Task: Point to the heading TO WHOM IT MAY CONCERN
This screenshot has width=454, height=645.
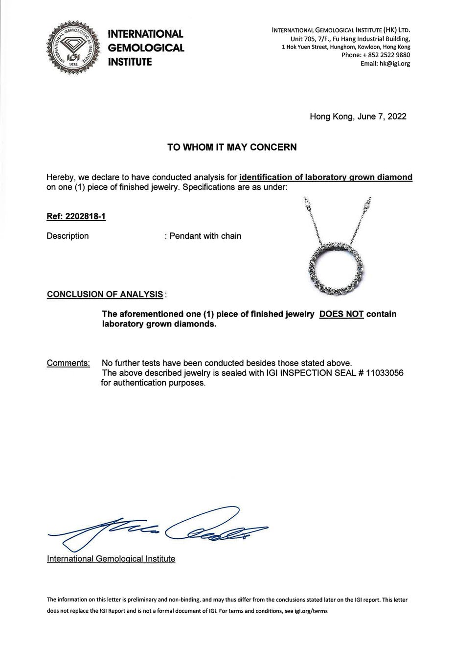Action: (232, 147)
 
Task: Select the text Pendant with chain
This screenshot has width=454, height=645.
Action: (205, 236)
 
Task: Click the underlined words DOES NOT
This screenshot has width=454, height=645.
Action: (341, 314)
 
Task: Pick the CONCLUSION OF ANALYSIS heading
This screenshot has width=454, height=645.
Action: (105, 294)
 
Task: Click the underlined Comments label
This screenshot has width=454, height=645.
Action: (68, 363)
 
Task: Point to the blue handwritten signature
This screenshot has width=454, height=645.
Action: (161, 529)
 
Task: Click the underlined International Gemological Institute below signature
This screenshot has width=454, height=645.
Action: (111, 559)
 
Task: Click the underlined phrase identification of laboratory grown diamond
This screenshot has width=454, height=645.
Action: (326, 177)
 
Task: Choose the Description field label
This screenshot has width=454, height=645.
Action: (68, 236)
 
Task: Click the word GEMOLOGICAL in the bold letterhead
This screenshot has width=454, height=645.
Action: (146, 48)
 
